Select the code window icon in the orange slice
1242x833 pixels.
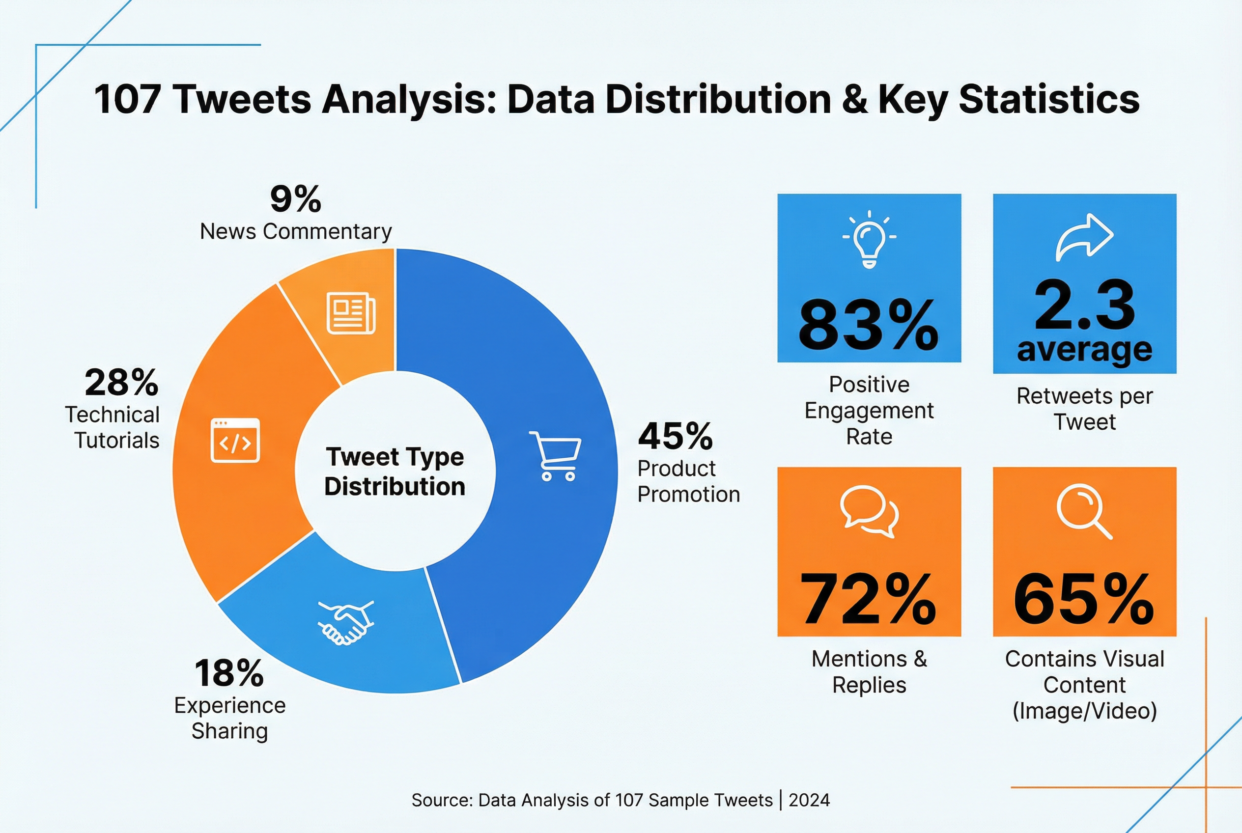(x=235, y=441)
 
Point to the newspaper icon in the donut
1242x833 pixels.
(x=351, y=313)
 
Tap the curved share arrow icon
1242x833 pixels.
(x=1084, y=237)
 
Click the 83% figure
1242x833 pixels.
(x=869, y=325)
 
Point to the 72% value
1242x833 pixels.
(x=869, y=599)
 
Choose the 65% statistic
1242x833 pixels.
(x=1084, y=599)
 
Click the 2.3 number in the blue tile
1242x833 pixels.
(x=1084, y=305)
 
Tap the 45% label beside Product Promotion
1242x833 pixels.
(x=676, y=436)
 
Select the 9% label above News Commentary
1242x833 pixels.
(x=295, y=199)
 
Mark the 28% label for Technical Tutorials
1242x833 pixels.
(x=122, y=383)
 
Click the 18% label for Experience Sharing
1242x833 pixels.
(x=229, y=673)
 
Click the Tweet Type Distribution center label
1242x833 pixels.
(x=395, y=472)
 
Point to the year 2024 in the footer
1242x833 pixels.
(x=809, y=800)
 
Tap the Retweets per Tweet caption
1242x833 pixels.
(x=1084, y=409)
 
